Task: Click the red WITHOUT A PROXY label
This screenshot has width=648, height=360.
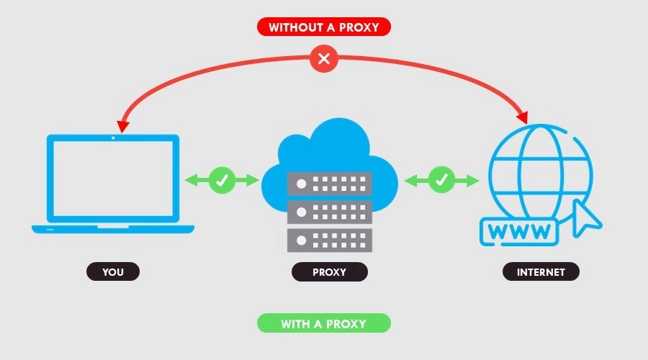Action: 323,27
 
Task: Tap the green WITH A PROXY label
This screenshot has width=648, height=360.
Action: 323,323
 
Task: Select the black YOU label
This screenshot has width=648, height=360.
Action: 113,272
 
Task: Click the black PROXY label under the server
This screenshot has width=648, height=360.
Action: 329,272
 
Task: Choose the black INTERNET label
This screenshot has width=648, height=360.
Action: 541,272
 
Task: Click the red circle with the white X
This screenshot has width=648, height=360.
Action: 324,59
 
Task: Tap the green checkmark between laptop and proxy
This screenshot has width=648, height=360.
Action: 222,180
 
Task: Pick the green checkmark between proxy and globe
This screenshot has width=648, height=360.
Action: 441,180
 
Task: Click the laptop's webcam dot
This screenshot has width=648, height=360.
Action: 113,138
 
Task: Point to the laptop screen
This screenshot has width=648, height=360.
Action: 113,180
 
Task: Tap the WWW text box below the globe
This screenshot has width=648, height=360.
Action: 518,232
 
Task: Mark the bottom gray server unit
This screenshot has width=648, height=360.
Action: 329,239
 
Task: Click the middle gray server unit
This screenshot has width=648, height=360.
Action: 329,212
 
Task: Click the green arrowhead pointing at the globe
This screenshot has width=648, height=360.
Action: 473,180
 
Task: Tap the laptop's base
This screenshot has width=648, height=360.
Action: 113,229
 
